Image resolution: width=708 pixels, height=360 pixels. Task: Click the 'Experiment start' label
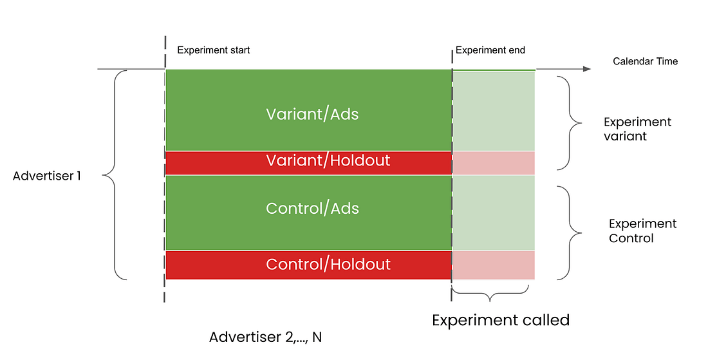point(213,50)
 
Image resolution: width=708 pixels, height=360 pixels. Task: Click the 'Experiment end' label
point(490,50)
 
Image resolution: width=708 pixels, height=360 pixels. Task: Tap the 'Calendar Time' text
point(645,62)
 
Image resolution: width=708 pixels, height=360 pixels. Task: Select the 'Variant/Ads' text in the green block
point(312,115)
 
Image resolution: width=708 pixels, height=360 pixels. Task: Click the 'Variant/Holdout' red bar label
point(328,160)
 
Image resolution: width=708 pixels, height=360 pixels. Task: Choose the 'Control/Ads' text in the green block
point(312,209)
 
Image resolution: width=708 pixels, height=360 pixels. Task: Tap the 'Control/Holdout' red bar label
point(328,264)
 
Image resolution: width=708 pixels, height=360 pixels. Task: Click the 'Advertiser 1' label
point(47,175)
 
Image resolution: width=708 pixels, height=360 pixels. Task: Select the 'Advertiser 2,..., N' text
point(265,337)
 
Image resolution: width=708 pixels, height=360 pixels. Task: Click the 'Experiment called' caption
point(500,320)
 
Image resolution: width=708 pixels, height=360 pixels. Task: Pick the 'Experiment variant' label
point(637,129)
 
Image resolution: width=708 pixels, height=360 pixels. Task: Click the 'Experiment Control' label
point(642,231)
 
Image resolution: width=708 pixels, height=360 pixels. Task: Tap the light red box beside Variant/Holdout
point(494,163)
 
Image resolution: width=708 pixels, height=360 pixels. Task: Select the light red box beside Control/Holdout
point(494,265)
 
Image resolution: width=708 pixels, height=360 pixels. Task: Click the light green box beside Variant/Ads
point(494,111)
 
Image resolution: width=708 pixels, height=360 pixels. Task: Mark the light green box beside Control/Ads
point(494,213)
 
